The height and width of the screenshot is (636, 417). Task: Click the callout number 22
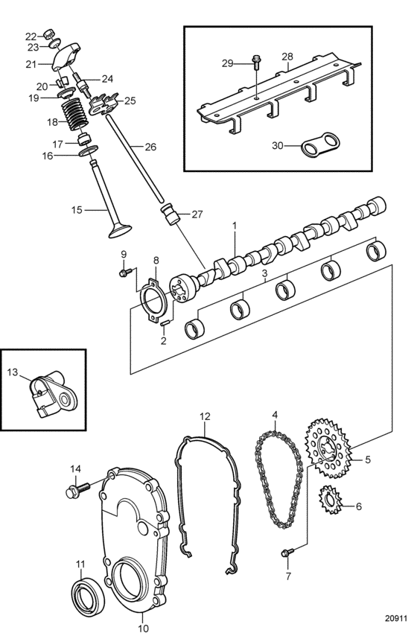(31, 36)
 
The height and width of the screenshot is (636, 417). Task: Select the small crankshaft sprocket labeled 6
(331, 500)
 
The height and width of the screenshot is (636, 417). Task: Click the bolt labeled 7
(287, 553)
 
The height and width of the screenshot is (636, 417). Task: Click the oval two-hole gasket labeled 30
(320, 145)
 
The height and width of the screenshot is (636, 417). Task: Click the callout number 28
(287, 56)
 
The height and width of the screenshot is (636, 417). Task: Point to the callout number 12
(206, 416)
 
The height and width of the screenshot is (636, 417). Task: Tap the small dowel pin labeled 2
(165, 323)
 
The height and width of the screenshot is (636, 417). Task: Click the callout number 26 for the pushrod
(150, 147)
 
